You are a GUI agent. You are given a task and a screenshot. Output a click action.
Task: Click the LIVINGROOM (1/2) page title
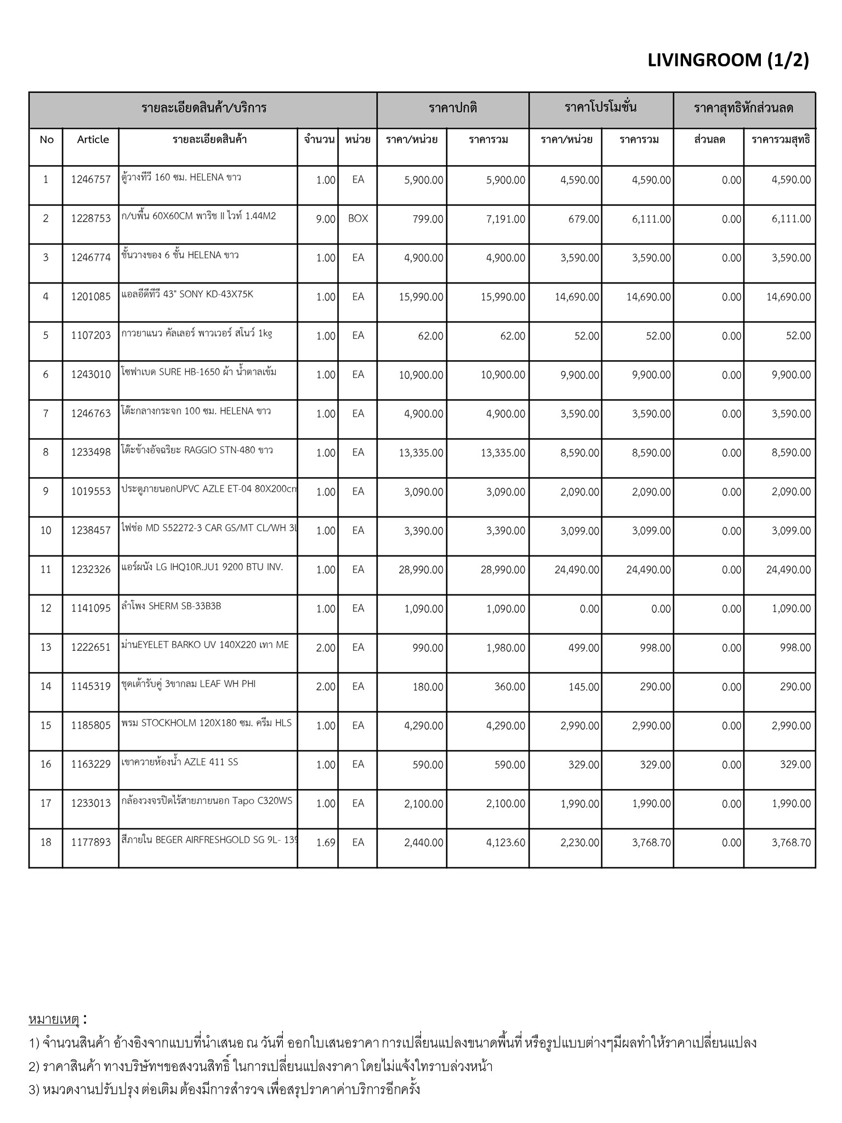728,60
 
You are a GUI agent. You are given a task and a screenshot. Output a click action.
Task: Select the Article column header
93,139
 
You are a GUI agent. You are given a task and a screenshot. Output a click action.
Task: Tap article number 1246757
90,180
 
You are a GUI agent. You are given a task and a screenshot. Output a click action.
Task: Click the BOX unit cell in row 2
358,218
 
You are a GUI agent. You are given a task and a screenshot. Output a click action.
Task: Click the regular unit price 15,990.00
422,297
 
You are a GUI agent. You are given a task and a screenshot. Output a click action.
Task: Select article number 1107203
90,336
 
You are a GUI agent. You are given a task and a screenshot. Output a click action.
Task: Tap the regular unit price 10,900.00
422,375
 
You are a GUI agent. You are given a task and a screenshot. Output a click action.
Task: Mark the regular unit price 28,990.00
421,570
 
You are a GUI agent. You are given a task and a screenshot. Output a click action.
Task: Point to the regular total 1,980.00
505,648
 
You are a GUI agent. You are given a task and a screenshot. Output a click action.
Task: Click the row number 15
45,725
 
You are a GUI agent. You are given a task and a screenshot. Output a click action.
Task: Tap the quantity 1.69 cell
326,842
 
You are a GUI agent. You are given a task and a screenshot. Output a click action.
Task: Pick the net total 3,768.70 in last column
791,842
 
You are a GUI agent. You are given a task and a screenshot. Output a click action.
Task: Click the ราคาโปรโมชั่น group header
600,107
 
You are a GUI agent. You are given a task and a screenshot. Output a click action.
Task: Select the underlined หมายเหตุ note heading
54,1019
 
